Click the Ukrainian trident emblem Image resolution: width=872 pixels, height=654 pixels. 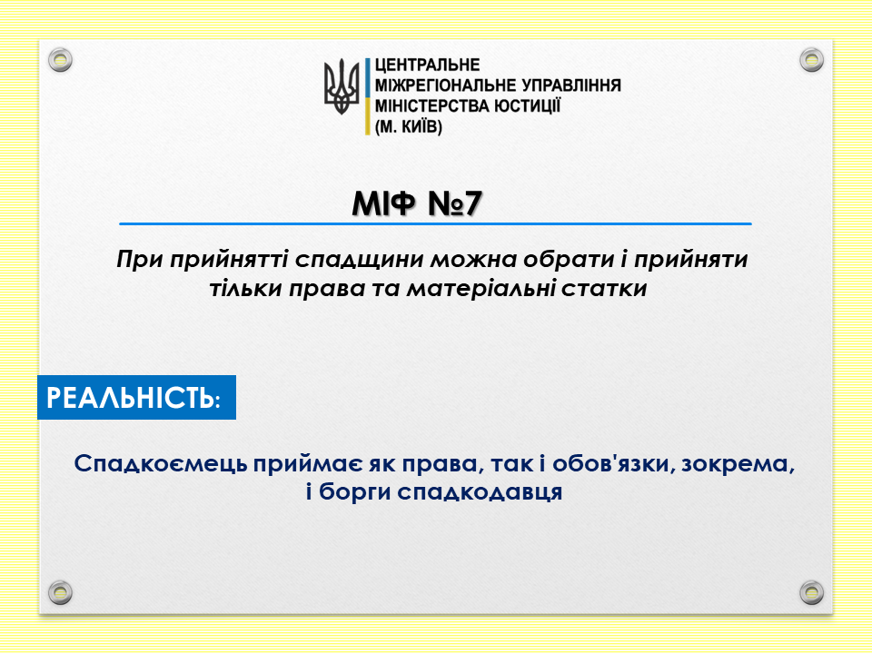tap(342, 87)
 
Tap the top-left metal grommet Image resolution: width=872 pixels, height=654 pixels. tap(60, 60)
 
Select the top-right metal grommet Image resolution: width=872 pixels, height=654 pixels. tap(811, 60)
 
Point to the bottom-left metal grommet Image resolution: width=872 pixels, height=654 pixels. tap(60, 592)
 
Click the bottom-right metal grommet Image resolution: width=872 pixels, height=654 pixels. tap(811, 592)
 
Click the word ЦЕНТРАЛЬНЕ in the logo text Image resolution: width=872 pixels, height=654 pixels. tap(427, 65)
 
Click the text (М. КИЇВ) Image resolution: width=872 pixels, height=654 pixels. tap(408, 127)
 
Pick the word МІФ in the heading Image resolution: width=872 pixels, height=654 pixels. tap(383, 203)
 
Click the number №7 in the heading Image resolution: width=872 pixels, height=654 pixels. tap(454, 203)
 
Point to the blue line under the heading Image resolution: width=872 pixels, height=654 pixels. tap(435, 224)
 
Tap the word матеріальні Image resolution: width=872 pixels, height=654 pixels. tap(480, 289)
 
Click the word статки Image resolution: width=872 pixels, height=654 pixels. tap(604, 289)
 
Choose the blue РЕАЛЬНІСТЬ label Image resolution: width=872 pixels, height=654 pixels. tap(137, 398)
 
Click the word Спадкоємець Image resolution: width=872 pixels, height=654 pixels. tap(161, 464)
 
